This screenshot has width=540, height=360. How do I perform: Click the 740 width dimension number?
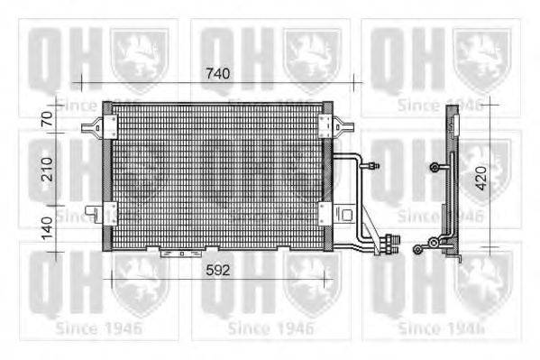217,73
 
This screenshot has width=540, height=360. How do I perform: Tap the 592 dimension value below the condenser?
217,270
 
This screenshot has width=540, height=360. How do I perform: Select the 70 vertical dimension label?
47,118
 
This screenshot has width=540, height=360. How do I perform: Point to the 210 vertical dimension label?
47,170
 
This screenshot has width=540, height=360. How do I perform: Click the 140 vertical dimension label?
47,228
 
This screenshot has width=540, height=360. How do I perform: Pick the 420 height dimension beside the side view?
481,178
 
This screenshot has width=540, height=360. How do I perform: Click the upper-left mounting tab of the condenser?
93,127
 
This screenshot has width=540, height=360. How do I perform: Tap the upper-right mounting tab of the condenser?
343,127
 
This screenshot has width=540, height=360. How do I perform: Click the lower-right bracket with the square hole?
345,215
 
